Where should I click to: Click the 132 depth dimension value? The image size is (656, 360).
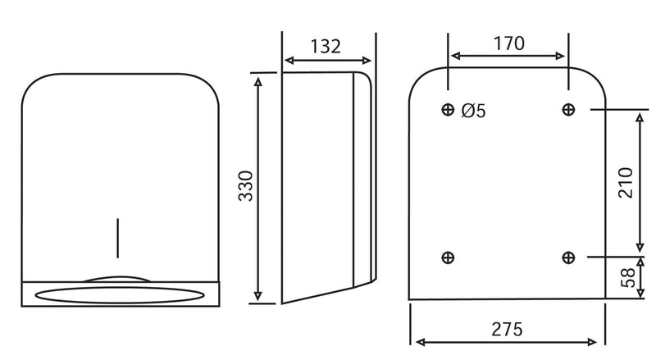click(326, 46)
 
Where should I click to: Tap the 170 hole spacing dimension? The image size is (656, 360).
click(508, 43)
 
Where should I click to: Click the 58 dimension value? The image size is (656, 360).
click(626, 276)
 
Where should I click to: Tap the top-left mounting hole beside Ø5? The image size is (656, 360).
click(448, 109)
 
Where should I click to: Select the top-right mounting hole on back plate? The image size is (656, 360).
click(568, 109)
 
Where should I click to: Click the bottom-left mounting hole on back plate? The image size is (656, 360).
click(448, 257)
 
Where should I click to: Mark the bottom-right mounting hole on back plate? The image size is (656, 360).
click(568, 257)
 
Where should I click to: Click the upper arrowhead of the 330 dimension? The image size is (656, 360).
click(259, 79)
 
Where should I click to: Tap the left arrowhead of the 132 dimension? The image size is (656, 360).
click(287, 60)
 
